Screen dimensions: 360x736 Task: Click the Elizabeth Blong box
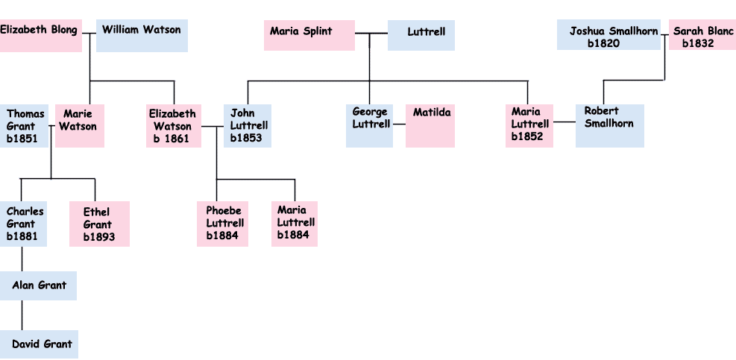tap(40, 35)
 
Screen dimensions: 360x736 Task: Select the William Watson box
tap(142, 35)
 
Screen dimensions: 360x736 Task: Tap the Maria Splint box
tap(309, 35)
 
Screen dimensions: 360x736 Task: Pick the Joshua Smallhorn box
tap(608, 35)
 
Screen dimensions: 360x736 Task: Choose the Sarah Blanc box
tap(702, 35)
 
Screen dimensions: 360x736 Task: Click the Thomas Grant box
tap(24, 125)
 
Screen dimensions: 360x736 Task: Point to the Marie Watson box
tap(79, 125)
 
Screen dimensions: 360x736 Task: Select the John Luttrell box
tap(247, 125)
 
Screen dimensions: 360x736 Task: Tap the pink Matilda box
tap(430, 125)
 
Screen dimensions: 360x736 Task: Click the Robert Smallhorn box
tap(609, 125)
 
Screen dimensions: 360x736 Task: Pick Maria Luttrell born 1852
tap(529, 125)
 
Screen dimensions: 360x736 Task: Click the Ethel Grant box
tap(99, 224)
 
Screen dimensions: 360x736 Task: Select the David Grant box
tap(43, 344)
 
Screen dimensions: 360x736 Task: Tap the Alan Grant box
tap(43, 285)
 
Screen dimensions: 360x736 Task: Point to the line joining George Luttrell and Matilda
tap(399, 124)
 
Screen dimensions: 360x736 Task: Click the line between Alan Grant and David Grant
tap(22, 315)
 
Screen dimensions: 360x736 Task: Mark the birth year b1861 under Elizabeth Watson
tap(172, 139)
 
